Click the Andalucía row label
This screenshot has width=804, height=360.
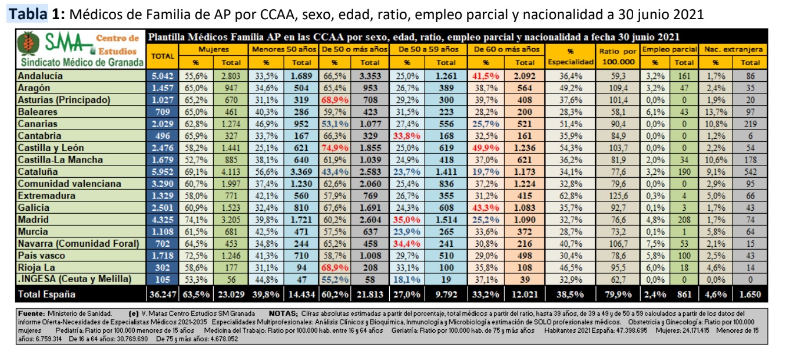pyautogui.click(x=41, y=76)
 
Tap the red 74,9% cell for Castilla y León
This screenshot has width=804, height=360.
pyautogui.click(x=335, y=148)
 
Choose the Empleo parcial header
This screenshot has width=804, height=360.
pyautogui.click(x=669, y=50)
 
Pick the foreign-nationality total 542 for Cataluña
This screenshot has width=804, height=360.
pyautogui.click(x=750, y=172)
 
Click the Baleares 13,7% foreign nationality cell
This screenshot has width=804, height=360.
pyautogui.click(x=716, y=112)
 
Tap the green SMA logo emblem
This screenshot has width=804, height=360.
pyautogui.click(x=26, y=44)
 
